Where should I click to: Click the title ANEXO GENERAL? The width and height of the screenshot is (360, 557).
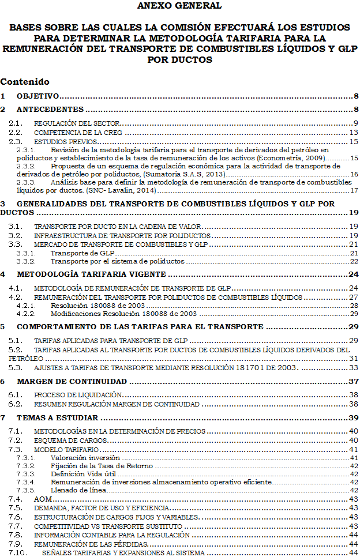[x=179, y=6]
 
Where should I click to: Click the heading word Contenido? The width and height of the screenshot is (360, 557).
[x=25, y=82]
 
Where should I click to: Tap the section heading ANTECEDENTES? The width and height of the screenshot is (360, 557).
[x=50, y=110]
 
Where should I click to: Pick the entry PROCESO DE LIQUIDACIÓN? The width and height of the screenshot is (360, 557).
[x=78, y=395]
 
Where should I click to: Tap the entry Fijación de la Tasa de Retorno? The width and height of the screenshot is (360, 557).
[x=102, y=465]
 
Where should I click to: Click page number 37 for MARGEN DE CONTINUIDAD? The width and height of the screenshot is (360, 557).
[x=354, y=382]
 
